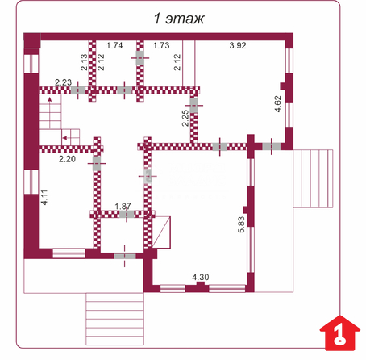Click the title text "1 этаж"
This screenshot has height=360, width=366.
(x=179, y=19)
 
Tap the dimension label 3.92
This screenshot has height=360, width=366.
(x=238, y=45)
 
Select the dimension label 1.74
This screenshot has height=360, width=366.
(x=114, y=45)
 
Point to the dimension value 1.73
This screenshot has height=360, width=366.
(x=161, y=45)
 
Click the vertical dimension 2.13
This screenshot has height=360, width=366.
(x=84, y=62)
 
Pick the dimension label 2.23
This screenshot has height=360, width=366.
(x=63, y=82)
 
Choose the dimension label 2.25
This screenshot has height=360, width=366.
(x=185, y=118)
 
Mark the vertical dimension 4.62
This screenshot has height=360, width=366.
(x=278, y=104)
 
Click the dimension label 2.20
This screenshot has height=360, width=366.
(x=67, y=159)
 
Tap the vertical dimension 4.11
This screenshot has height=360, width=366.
(x=44, y=197)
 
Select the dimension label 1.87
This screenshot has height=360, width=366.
(x=123, y=207)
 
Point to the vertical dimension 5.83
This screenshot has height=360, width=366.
(x=241, y=224)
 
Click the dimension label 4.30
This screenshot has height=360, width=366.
(x=201, y=277)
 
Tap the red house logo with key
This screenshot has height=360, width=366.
(x=340, y=333)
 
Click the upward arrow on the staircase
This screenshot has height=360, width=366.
(x=50, y=113)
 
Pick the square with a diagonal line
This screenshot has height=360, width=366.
(x=161, y=232)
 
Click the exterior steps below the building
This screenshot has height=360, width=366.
(x=114, y=319)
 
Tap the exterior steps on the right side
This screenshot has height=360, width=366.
(x=313, y=178)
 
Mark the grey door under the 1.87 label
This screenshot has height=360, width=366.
(x=127, y=214)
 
